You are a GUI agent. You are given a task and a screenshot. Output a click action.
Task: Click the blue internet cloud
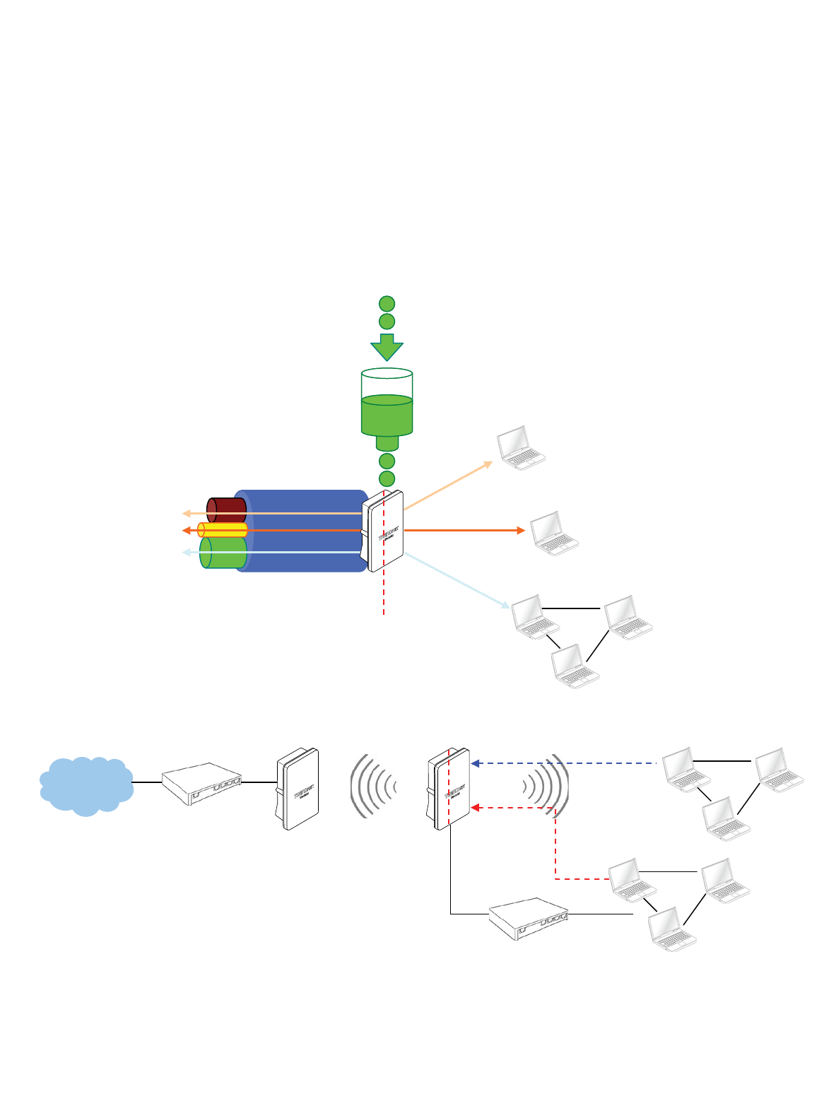tap(86, 785)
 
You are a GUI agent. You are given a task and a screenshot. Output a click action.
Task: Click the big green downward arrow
tap(387, 348)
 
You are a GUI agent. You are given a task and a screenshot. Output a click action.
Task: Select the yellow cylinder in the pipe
tap(223, 530)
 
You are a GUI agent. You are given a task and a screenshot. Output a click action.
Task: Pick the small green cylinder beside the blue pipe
tap(223, 553)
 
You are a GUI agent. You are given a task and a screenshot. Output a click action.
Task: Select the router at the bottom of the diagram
tap(529, 918)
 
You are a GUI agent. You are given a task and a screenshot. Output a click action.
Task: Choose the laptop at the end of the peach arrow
tap(522, 447)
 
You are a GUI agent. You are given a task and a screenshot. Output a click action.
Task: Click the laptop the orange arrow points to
tap(555, 533)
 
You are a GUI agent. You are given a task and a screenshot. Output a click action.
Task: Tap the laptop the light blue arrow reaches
tap(535, 617)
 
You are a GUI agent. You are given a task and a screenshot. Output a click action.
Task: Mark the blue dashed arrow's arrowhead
tap(476, 763)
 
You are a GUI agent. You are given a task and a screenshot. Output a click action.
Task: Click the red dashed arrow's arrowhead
tap(476, 807)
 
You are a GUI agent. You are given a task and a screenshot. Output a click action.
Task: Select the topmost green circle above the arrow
tap(387, 304)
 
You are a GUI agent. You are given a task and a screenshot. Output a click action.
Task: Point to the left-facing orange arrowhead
tap(186, 530)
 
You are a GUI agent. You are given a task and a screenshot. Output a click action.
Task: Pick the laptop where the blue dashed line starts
tap(685, 769)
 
